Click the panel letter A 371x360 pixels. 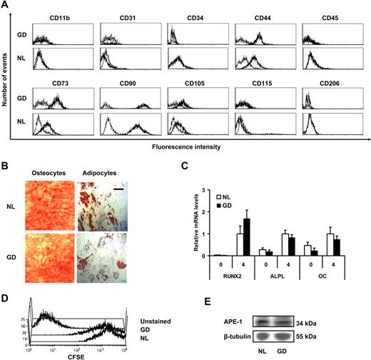6,6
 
